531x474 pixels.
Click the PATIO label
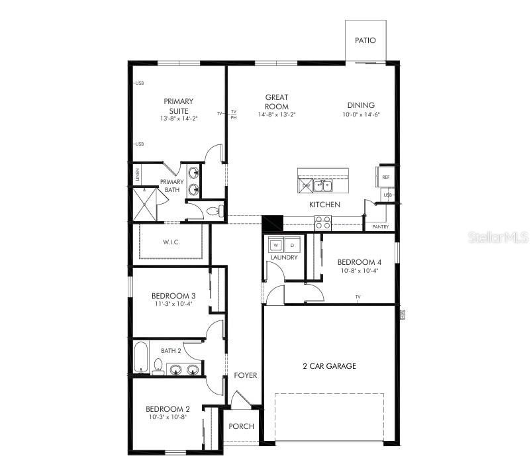(365, 40)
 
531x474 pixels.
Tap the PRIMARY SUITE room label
(179, 106)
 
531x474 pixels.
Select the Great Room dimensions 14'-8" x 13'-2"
(277, 115)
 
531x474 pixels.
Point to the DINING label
(361, 105)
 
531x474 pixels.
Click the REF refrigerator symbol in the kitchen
(385, 177)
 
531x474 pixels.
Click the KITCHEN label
(324, 205)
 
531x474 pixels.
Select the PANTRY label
(380, 227)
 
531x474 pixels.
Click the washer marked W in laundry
(276, 246)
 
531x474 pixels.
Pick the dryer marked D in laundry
(293, 246)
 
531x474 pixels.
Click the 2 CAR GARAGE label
(330, 366)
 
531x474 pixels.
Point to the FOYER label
(246, 376)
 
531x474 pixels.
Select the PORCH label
(241, 426)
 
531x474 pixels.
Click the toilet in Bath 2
(158, 367)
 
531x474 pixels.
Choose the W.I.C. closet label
(171, 242)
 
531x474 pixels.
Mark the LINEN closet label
(138, 175)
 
